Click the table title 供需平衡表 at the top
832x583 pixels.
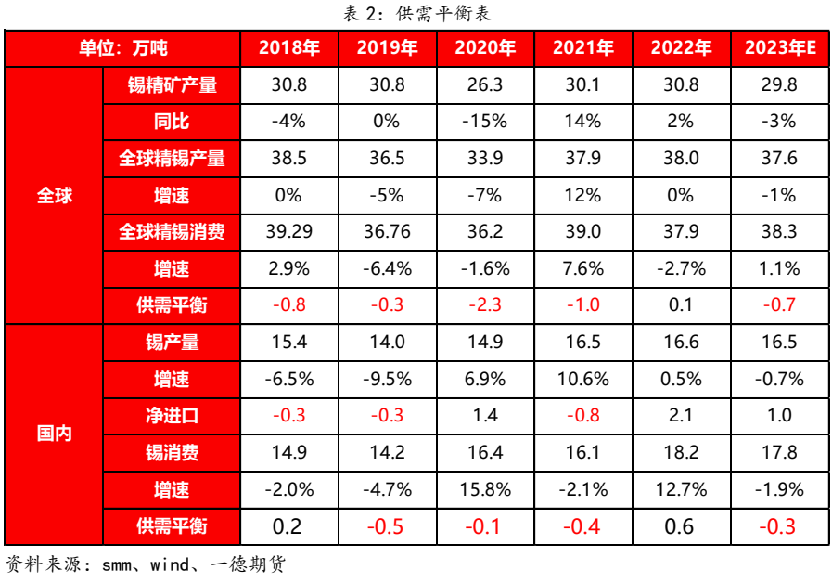416,13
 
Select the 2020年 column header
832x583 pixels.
485,48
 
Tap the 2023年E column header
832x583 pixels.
779,48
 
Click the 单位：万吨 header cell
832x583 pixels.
122,48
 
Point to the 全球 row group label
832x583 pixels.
54,196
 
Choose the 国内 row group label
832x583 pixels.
54,434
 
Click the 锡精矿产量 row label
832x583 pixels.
172,85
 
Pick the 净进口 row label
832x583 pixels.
172,415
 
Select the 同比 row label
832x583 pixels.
172,122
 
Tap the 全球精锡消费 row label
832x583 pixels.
172,232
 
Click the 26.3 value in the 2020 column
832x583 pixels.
485,85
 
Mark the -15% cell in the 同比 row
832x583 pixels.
485,122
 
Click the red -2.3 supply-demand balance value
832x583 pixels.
485,305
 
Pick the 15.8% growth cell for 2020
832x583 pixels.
485,489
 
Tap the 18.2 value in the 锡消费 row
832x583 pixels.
681,452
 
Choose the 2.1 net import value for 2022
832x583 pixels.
681,415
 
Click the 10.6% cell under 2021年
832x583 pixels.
583,379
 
